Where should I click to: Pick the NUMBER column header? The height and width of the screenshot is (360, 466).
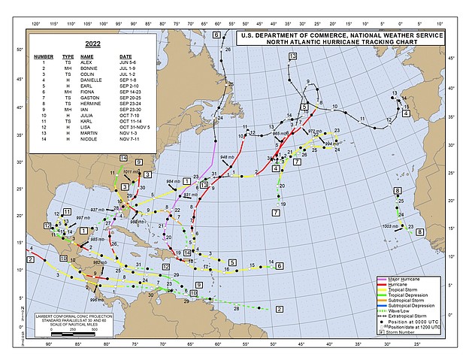pos(44,56)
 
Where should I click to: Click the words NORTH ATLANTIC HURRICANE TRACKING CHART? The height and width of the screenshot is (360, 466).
pos(340,42)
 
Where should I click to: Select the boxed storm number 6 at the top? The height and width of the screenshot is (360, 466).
pos(216,35)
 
